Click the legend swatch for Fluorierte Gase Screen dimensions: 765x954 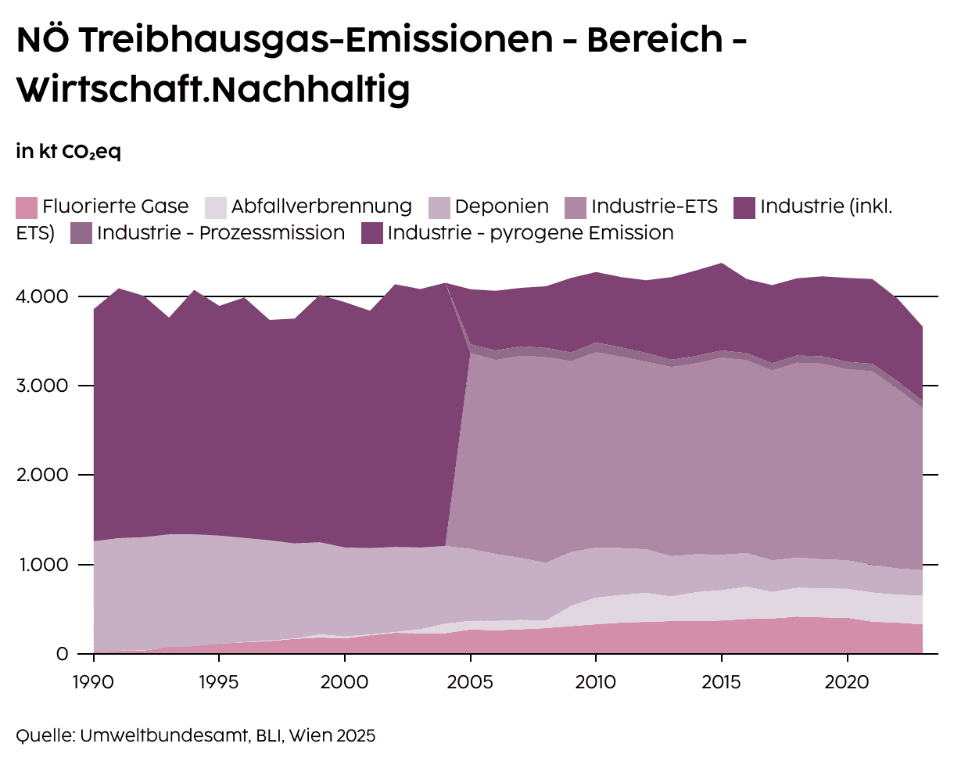coord(27,207)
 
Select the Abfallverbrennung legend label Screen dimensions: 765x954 coord(321,207)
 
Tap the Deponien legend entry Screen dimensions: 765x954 coord(501,207)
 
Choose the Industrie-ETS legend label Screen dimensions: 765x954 coord(654,207)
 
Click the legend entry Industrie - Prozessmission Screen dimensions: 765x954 coord(221,233)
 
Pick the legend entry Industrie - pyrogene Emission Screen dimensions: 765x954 coord(530,233)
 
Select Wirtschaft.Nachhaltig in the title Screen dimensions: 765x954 coord(213,90)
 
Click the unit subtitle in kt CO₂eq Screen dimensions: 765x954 coord(68,152)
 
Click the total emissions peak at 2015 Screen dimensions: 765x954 coord(721,264)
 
